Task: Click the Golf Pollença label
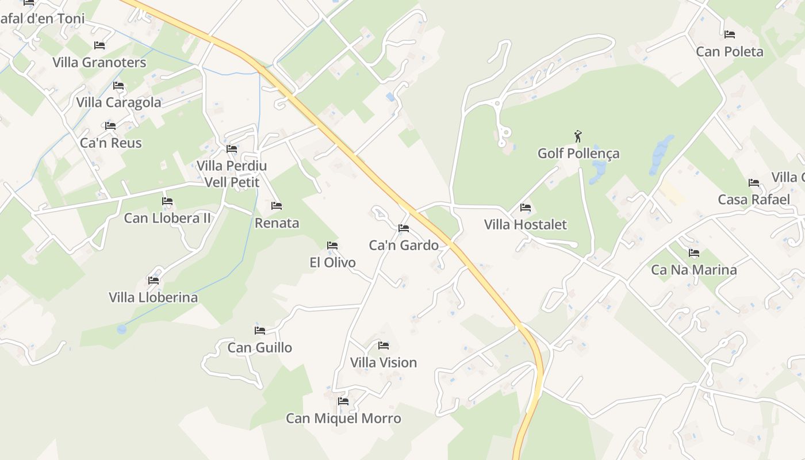point(578,154)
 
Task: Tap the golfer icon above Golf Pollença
point(578,136)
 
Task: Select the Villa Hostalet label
point(525,224)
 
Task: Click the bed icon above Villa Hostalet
point(525,208)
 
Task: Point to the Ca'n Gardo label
point(404,246)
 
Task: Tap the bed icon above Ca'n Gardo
point(404,228)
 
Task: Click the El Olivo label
point(332,263)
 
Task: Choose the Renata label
point(277,223)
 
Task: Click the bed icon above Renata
point(277,206)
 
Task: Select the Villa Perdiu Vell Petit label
point(232,174)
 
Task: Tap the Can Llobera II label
point(167,218)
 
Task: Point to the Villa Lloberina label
point(153,297)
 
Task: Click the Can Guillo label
point(259,348)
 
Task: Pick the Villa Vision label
point(384,363)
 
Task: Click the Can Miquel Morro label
point(343,419)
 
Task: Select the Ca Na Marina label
point(693,270)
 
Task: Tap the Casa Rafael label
point(754,200)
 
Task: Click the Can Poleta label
point(730,52)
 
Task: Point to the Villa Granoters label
point(99,62)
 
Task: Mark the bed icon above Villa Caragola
point(118,86)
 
